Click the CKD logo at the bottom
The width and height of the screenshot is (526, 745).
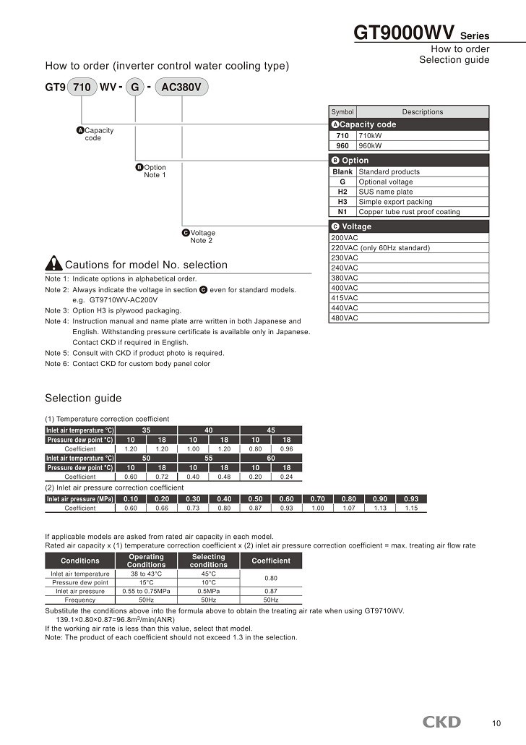point(441,722)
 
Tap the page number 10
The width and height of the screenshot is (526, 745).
point(496,723)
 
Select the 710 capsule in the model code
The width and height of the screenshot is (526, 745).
point(82,88)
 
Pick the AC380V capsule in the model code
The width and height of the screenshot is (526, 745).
point(181,88)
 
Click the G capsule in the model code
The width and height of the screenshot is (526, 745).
point(134,88)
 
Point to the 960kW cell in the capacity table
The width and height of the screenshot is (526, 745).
point(371,145)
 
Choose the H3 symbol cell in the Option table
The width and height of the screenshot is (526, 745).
point(342,202)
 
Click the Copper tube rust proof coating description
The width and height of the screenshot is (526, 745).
point(409,212)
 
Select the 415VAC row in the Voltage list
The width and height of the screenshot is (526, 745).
point(345,298)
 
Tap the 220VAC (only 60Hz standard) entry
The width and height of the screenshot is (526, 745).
point(380,248)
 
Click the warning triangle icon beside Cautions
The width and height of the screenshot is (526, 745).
point(53,264)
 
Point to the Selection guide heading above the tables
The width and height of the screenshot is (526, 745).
point(83,399)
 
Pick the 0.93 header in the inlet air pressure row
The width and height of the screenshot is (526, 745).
point(411,499)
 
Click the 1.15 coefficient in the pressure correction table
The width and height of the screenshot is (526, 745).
point(411,508)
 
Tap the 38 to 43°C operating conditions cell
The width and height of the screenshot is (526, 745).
point(146,574)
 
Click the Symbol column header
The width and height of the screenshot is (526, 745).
point(342,112)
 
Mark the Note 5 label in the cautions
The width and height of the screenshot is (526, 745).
point(57,353)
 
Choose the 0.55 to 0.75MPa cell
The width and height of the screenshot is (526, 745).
point(146,591)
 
